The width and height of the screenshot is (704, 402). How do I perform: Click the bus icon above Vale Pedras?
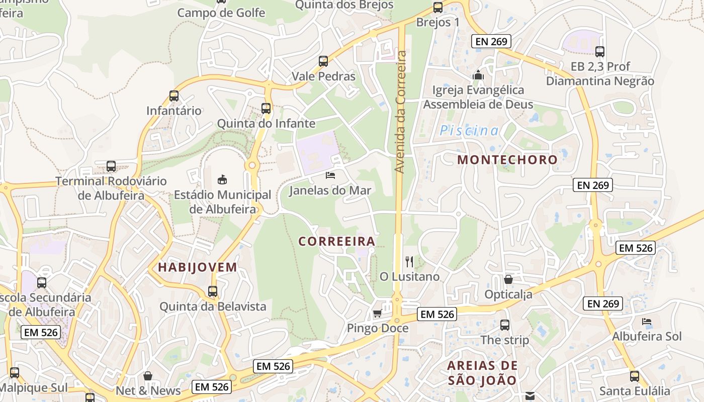click(323, 61)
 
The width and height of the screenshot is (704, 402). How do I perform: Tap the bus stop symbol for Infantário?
click(174, 95)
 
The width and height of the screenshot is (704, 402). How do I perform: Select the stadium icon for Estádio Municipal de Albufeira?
click(222, 179)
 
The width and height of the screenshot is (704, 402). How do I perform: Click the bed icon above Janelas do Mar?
click(330, 175)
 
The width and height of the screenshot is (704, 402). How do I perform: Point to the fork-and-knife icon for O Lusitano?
click(409, 261)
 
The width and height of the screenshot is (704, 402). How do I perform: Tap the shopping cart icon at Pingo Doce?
click(377, 314)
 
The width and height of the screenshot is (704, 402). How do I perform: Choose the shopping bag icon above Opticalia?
click(508, 279)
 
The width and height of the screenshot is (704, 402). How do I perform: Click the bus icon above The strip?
click(505, 325)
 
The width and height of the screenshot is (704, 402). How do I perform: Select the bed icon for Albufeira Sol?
click(647, 321)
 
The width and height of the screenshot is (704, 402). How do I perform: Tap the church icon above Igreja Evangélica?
click(478, 75)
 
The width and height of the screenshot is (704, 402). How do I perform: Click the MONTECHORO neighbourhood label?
click(507, 160)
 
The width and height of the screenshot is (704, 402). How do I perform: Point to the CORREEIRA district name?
click(337, 241)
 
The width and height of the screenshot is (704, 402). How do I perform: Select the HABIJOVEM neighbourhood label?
click(198, 267)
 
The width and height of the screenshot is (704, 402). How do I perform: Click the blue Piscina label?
click(469, 131)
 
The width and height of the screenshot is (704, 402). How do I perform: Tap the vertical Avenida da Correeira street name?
click(401, 112)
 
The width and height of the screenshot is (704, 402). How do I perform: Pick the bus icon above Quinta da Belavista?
click(213, 291)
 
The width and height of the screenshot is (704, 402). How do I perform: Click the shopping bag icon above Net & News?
click(148, 375)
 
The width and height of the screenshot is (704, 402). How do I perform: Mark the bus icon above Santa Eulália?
click(635, 376)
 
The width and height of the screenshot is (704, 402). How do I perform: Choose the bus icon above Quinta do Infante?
click(266, 108)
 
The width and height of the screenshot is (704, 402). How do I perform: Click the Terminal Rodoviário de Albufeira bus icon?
click(111, 166)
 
